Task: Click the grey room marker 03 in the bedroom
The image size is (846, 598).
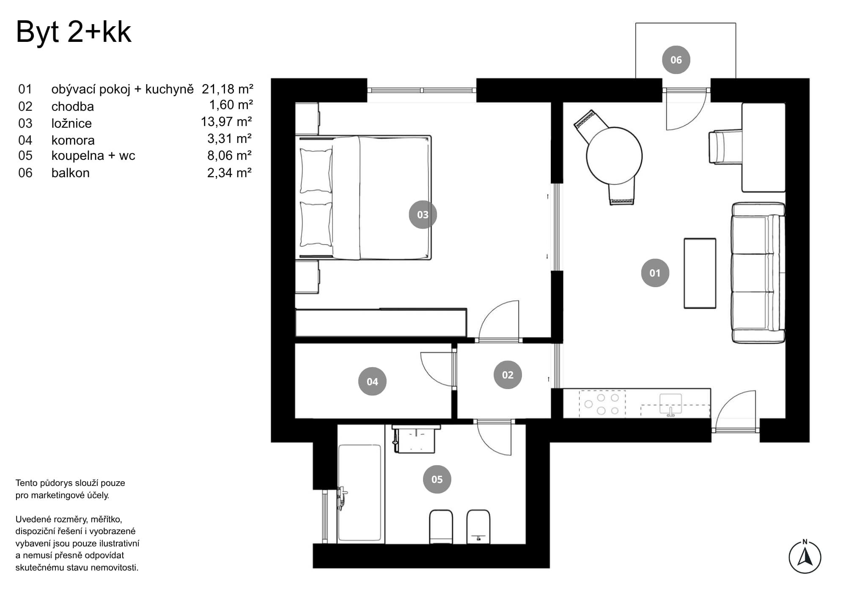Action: pos(423,214)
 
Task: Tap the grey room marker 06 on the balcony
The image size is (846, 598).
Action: pos(676,60)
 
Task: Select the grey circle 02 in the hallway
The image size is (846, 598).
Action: pos(508,375)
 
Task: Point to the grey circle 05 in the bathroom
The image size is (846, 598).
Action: pos(437,479)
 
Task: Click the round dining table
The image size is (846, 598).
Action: pos(614,156)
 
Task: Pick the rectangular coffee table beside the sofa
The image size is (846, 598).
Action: pos(700,273)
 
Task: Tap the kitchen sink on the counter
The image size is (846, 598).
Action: pos(670,404)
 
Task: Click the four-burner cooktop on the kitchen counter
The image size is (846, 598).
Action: pos(602,404)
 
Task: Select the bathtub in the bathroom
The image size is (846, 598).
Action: pos(360,493)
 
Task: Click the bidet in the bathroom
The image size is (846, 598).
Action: pos(478,527)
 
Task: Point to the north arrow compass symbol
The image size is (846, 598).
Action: pos(805,557)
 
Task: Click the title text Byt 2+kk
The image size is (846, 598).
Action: pos(74,32)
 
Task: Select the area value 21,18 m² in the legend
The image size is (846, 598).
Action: pos(227,89)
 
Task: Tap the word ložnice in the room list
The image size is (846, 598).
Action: pos(71,123)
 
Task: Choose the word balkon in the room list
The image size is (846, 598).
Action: pos(70,173)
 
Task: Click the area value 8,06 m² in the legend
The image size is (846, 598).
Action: pos(229,156)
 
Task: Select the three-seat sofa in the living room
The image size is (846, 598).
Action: pos(758,273)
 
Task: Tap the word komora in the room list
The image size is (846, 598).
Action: pos(73,140)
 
